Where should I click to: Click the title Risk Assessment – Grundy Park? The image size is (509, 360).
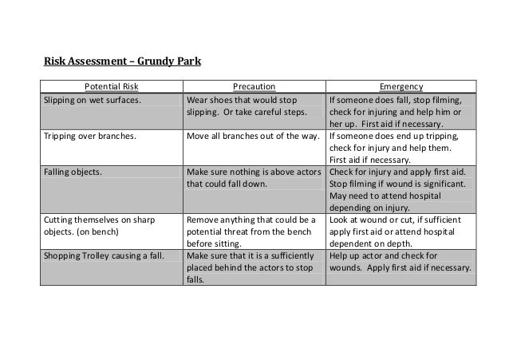124,60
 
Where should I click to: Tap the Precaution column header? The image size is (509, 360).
254,86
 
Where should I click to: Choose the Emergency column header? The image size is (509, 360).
402,86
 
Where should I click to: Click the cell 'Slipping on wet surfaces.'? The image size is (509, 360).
92,101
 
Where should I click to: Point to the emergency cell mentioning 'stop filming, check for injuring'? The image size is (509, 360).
399,113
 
